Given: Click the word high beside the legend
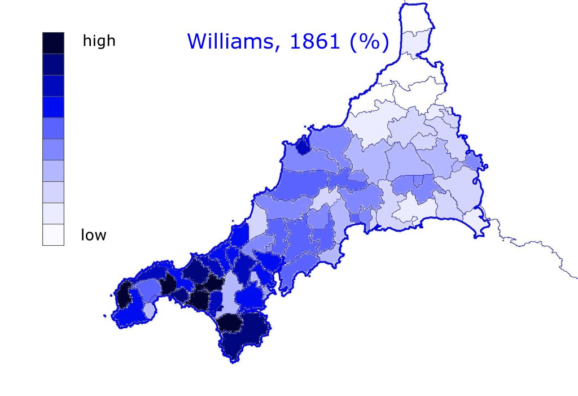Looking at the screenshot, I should [x=99, y=41].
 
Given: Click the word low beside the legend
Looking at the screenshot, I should [x=93, y=234].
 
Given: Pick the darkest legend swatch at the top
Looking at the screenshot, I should [x=53, y=42].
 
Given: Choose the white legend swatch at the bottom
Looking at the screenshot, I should [x=53, y=234].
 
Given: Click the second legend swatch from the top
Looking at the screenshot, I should [x=53, y=64].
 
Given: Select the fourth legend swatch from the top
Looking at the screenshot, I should [x=53, y=107].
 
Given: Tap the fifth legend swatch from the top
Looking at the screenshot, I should [x=53, y=128].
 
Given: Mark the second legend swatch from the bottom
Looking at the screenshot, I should [x=53, y=214].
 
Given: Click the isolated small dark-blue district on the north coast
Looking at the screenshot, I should [x=303, y=146].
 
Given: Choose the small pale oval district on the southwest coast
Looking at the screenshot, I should [x=149, y=310].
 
